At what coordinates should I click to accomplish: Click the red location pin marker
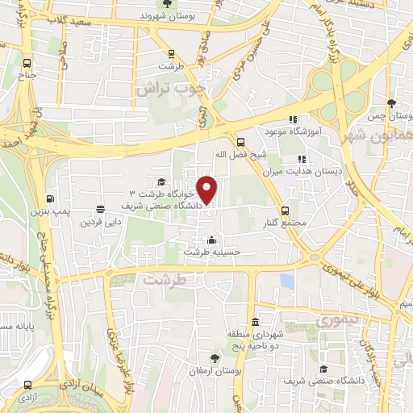point(208,189)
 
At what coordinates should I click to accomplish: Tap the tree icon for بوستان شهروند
point(166,3)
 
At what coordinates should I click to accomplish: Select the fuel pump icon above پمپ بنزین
point(51,198)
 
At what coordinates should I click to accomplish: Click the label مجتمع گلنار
point(287,223)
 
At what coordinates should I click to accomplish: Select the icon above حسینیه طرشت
point(212,240)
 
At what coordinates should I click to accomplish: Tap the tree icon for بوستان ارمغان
point(214,357)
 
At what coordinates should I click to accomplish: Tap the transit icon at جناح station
point(28,64)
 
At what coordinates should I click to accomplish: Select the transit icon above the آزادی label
point(28,386)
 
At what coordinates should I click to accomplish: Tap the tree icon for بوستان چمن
point(392,104)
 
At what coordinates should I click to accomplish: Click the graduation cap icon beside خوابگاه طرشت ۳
point(161,181)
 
